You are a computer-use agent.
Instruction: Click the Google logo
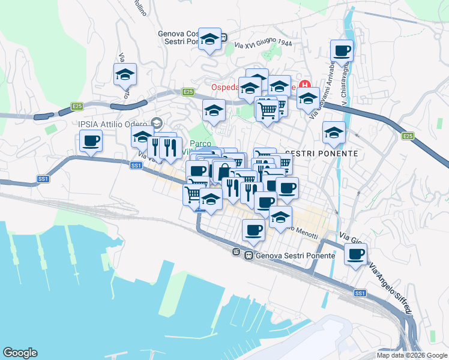tap(20, 353)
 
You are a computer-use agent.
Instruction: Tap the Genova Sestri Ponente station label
tap(295, 255)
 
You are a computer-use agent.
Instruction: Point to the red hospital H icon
tap(304, 86)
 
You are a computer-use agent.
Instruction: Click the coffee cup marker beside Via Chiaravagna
tap(342, 50)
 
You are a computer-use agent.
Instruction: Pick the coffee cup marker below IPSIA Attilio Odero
tap(91, 142)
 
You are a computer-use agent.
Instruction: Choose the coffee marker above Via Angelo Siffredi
tap(356, 254)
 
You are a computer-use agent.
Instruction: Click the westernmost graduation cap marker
tap(125, 74)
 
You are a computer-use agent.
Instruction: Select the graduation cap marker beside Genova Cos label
tap(209, 40)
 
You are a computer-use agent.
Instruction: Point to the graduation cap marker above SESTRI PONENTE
tap(334, 133)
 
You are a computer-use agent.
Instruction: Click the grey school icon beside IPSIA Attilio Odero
tap(157, 122)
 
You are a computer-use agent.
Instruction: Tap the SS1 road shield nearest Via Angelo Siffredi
tap(360, 293)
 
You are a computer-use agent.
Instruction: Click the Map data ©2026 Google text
tap(412, 355)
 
